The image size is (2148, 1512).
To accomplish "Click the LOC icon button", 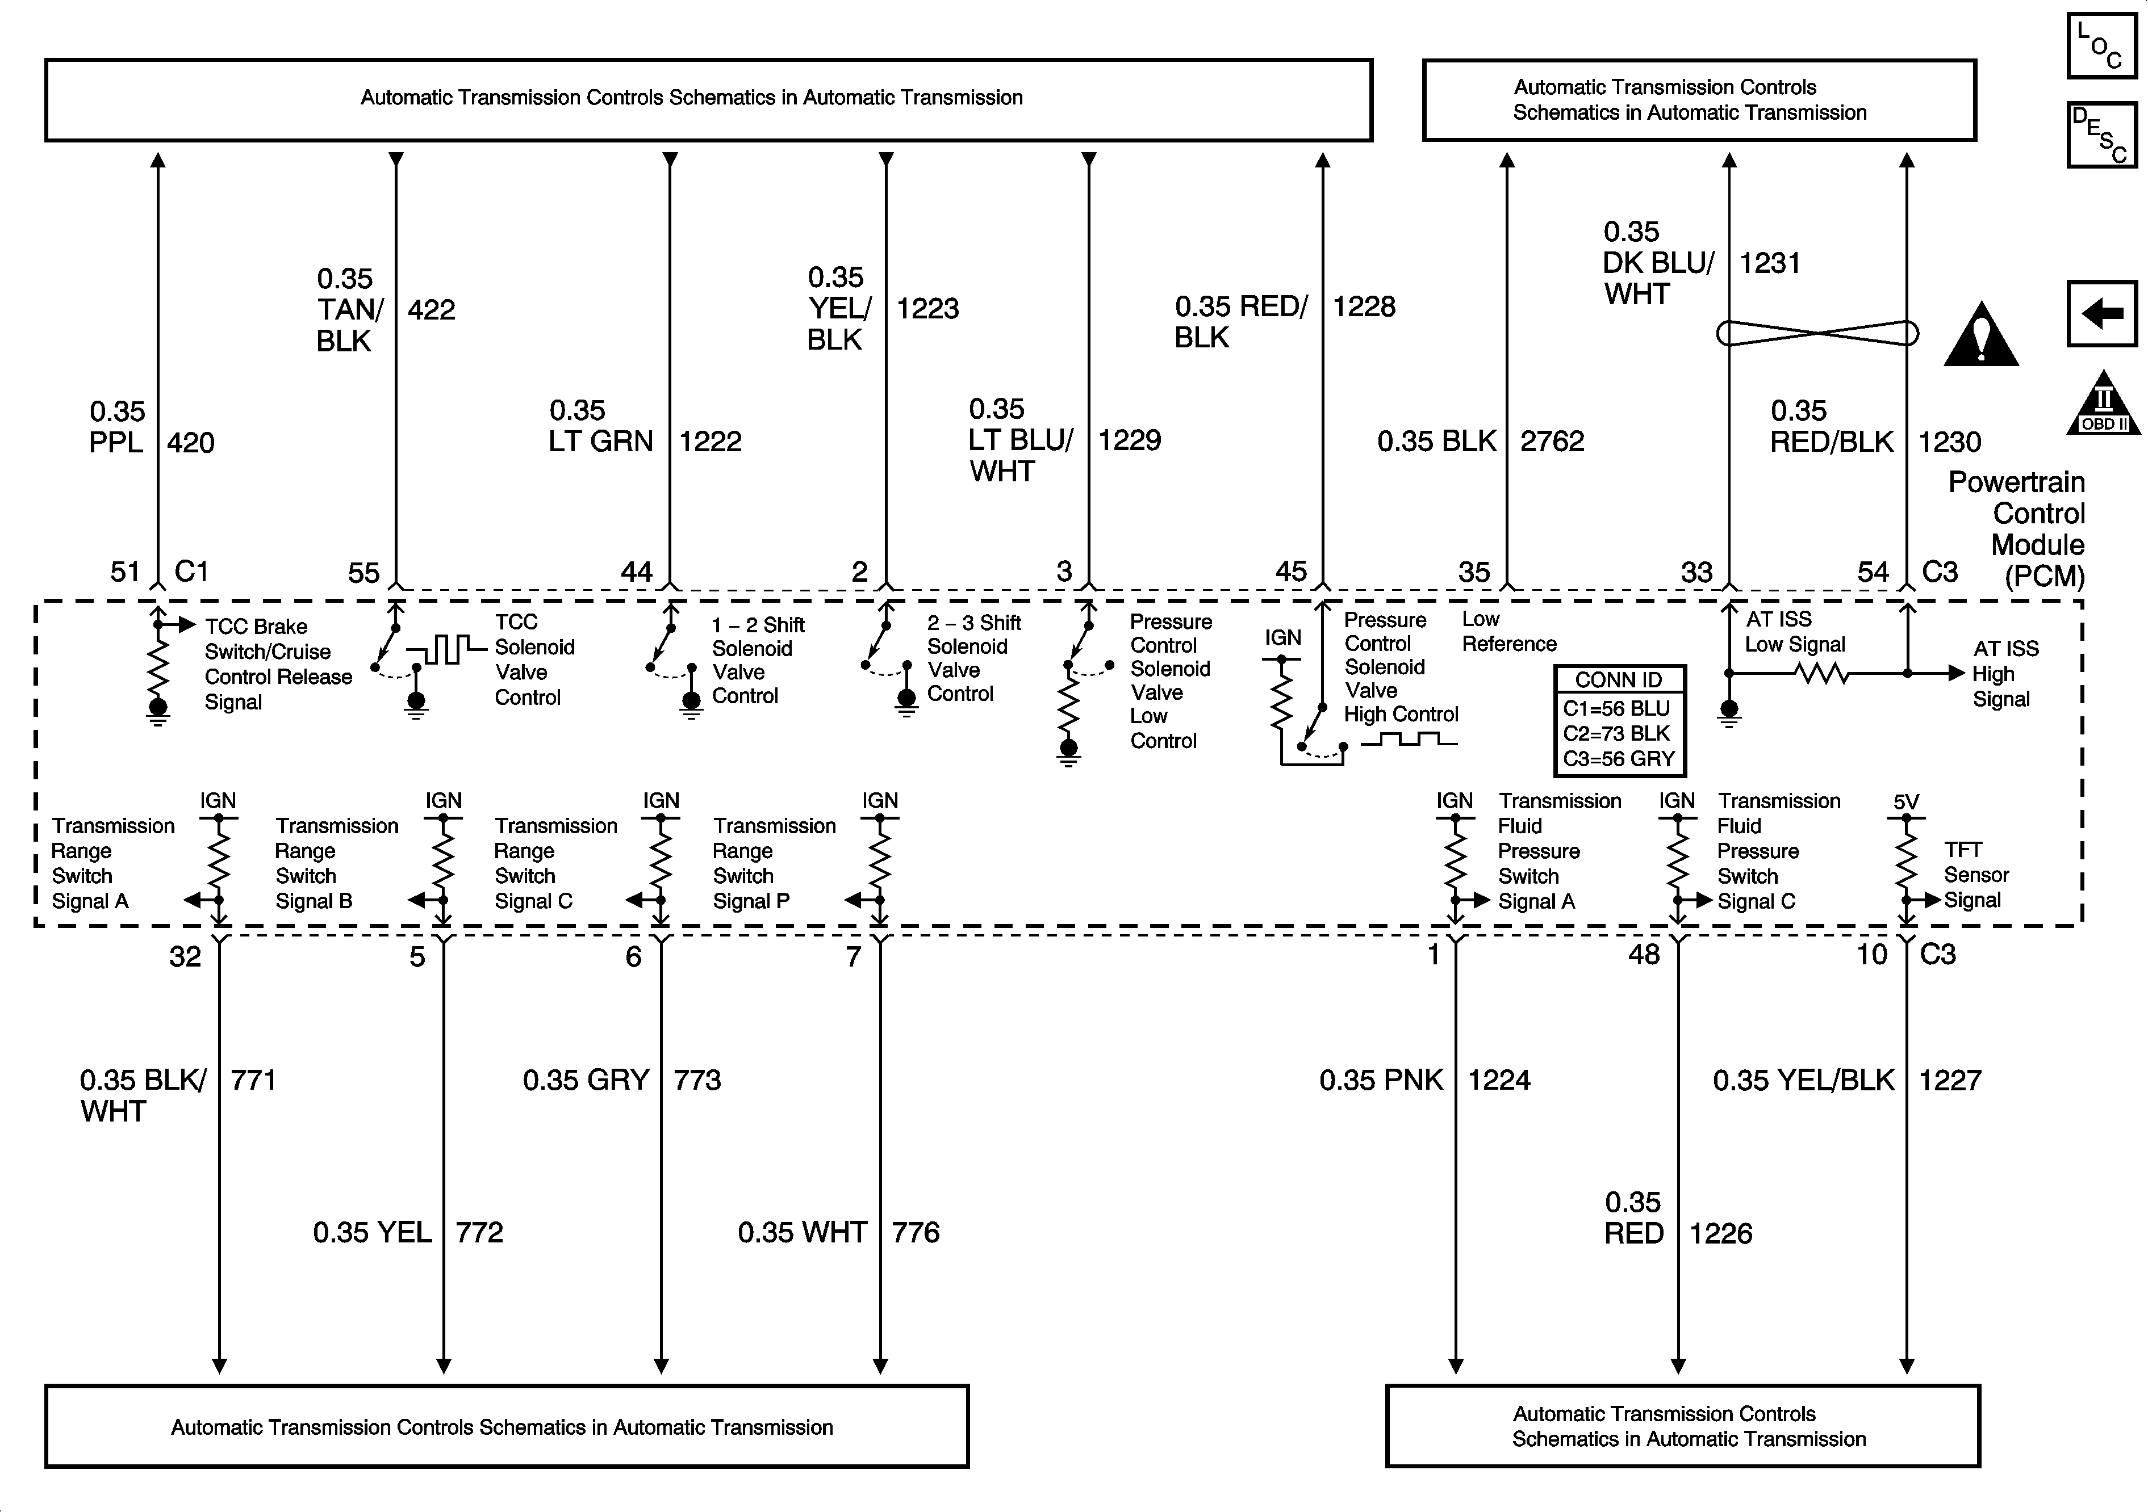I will [2101, 45].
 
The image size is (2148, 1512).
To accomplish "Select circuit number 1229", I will [1129, 440].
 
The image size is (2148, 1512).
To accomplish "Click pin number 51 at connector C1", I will [126, 572].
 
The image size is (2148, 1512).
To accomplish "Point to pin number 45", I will [1291, 572].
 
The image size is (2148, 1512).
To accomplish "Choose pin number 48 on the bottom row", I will [1644, 955].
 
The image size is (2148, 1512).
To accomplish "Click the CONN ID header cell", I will [1619, 680].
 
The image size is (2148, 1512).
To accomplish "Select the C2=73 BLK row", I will [1619, 733].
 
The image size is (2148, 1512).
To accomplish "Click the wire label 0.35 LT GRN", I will [601, 426].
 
